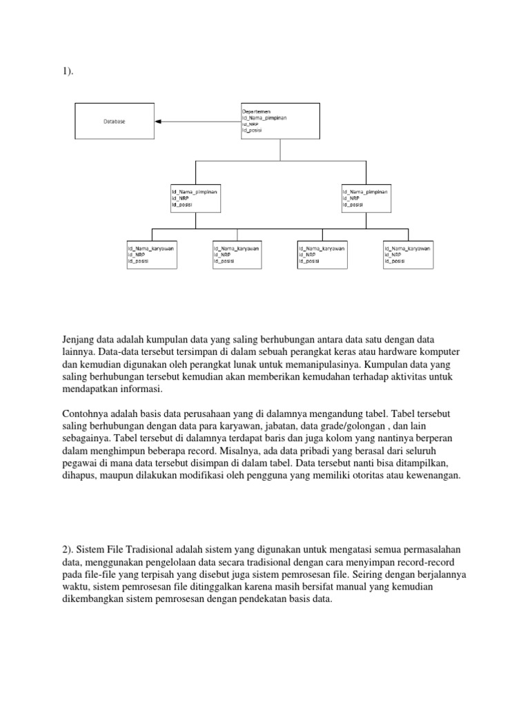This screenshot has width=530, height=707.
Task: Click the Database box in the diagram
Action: point(115,121)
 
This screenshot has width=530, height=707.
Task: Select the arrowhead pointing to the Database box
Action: point(158,121)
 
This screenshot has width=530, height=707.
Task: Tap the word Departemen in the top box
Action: point(256,110)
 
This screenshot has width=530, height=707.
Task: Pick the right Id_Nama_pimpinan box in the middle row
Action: point(366,196)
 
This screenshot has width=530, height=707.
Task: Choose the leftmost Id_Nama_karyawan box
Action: point(152,254)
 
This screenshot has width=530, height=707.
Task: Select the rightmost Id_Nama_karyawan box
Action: point(409,254)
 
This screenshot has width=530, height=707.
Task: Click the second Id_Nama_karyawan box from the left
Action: point(237,254)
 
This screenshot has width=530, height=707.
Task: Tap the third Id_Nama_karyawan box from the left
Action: point(323,254)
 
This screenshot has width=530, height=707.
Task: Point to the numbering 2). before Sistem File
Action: point(68,550)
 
